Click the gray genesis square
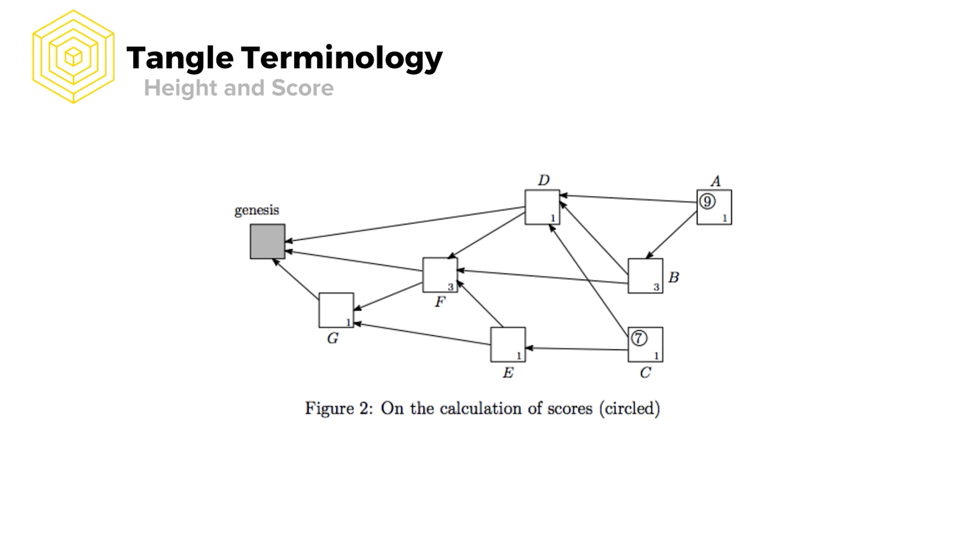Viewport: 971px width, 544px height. [267, 241]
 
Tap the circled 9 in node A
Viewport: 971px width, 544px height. [707, 201]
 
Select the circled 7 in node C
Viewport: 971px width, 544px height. [639, 338]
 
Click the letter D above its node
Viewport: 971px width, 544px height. [543, 180]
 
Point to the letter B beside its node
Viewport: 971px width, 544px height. [673, 277]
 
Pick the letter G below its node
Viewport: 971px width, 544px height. [332, 339]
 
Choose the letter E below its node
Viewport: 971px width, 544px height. [508, 373]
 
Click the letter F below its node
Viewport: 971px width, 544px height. [440, 302]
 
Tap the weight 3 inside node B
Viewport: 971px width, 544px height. [656, 287]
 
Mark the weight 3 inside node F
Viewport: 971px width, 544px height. [450, 287]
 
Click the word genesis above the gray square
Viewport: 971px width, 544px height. [257, 210]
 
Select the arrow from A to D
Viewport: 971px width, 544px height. [627, 199]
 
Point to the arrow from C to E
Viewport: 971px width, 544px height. [577, 349]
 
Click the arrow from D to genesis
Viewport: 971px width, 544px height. [405, 224]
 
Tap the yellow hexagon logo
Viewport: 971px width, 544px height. [73, 57]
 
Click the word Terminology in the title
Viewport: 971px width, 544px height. [342, 58]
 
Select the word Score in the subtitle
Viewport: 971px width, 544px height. [303, 88]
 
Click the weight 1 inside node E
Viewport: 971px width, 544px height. [519, 356]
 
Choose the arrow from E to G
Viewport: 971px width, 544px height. [422, 334]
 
